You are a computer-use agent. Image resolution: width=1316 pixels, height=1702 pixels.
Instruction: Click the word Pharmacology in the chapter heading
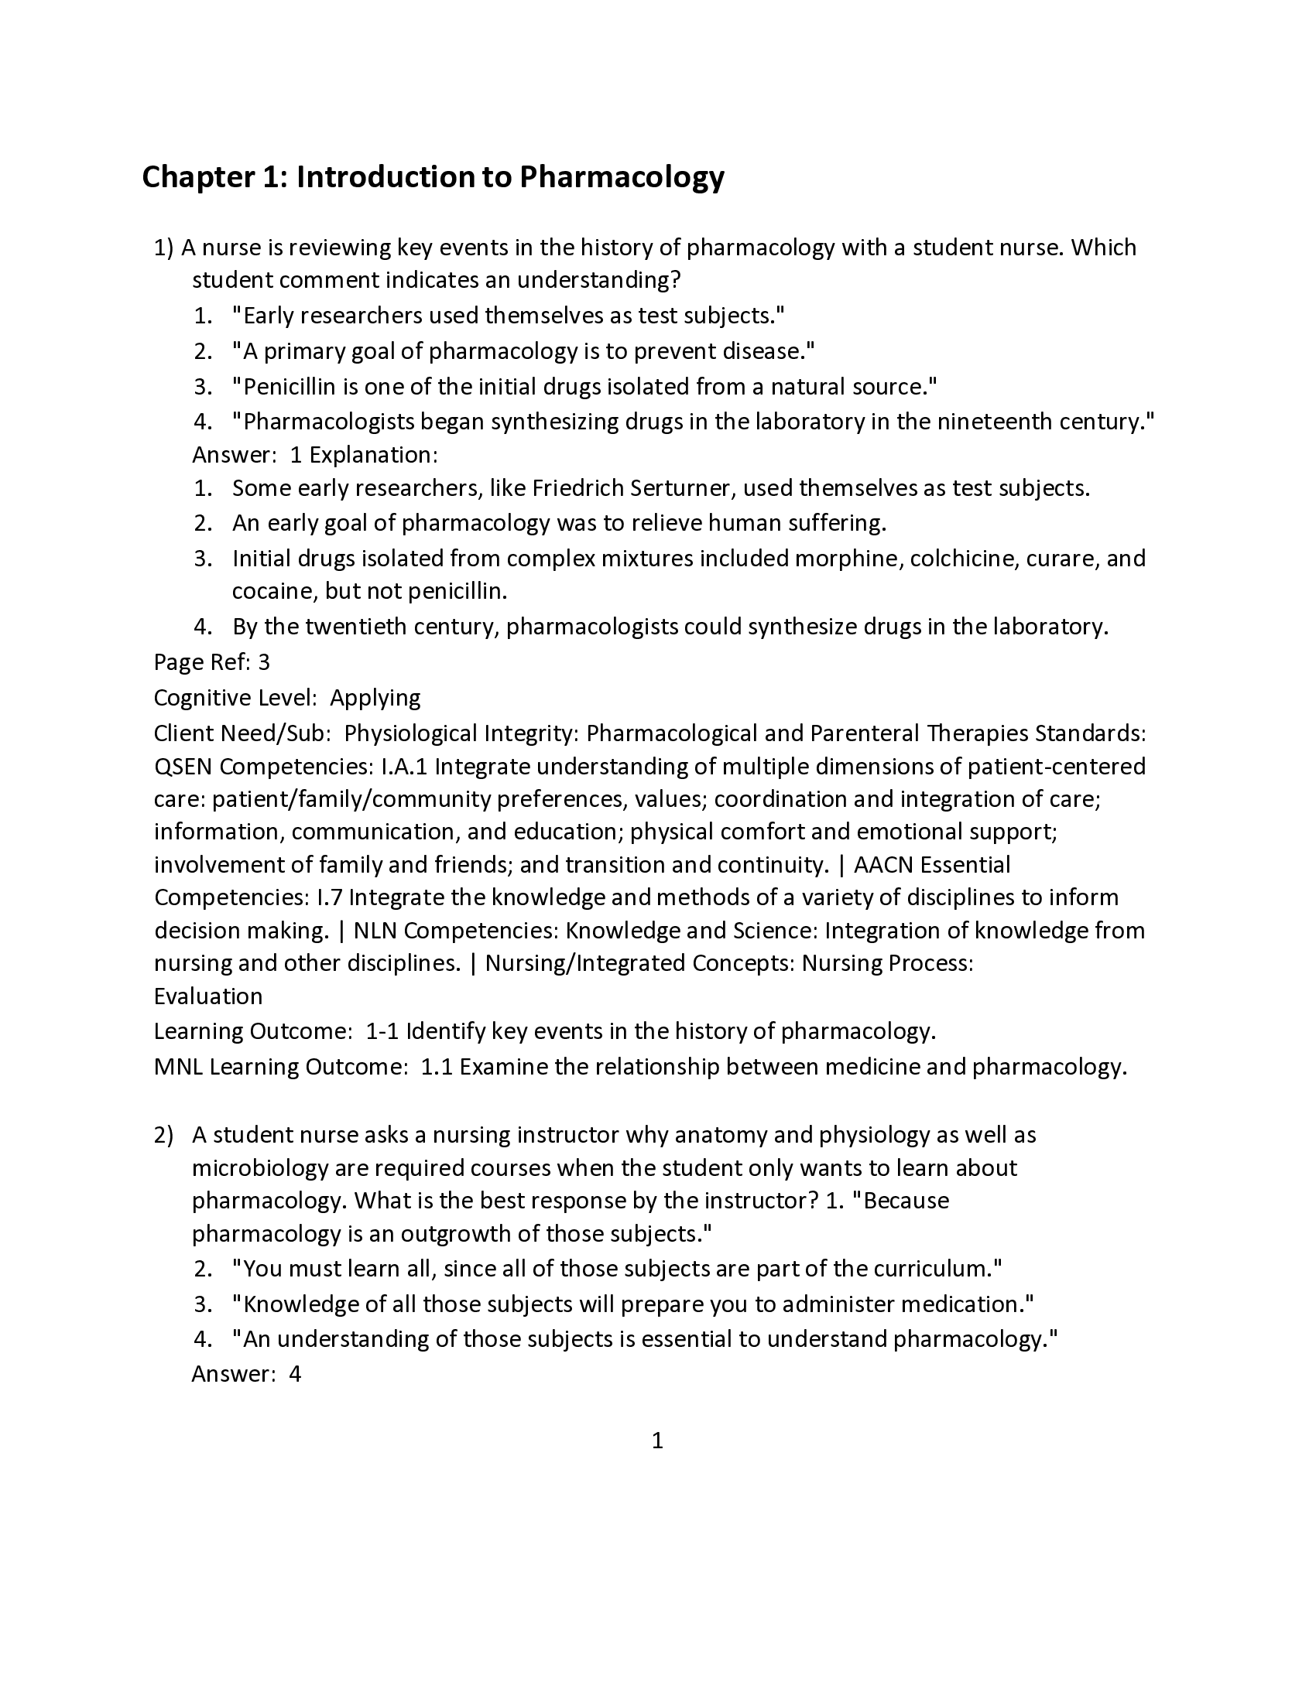[622, 177]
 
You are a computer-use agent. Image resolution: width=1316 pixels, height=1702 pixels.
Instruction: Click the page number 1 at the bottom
[657, 1441]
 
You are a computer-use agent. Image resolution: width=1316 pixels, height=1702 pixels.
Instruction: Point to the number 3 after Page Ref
[263, 662]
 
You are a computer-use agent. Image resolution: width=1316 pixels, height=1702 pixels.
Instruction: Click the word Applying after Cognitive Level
[375, 698]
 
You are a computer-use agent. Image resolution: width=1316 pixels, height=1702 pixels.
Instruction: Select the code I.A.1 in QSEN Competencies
[404, 767]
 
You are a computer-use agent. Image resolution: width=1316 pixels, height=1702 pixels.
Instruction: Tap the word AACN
[883, 865]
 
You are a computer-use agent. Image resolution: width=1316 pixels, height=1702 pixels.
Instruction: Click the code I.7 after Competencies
[330, 897]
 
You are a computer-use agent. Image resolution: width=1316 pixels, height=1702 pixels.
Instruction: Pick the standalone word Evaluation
[208, 996]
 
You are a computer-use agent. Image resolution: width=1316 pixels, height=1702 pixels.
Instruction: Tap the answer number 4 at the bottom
[295, 1374]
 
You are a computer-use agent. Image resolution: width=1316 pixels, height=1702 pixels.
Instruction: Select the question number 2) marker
[163, 1136]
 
